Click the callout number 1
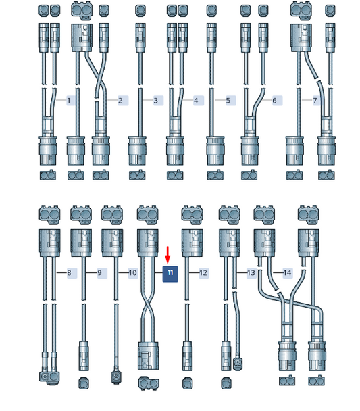(x=69, y=101)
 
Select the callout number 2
(x=120, y=101)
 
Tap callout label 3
(x=156, y=101)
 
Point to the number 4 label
(x=196, y=101)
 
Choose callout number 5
(x=228, y=101)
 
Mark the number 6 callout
(x=274, y=101)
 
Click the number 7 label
(x=315, y=101)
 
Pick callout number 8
(x=69, y=273)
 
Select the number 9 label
(x=99, y=273)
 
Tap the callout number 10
(x=133, y=273)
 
